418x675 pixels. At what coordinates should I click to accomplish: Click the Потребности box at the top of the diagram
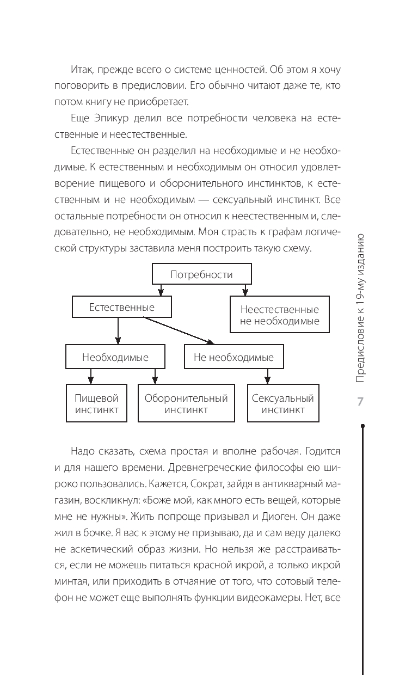[x=201, y=274]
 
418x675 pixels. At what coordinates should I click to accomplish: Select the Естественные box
[x=122, y=308]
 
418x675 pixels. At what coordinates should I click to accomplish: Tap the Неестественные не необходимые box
[x=280, y=315]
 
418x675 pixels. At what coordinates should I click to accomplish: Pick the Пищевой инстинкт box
[x=96, y=403]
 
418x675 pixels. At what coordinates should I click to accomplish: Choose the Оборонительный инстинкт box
[x=186, y=403]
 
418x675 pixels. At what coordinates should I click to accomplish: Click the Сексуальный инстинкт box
[x=283, y=403]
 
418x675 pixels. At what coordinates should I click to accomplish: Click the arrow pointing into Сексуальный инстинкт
[x=267, y=377]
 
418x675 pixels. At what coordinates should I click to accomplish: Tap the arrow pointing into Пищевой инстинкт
[x=90, y=377]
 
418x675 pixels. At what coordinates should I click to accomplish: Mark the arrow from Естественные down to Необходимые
[x=118, y=331]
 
